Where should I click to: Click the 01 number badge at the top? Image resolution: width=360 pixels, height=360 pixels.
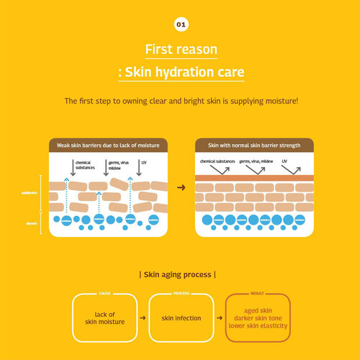point(180,24)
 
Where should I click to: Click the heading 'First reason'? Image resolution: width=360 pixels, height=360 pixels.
point(180,50)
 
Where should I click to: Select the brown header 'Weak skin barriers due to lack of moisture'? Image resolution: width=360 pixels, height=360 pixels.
point(108,145)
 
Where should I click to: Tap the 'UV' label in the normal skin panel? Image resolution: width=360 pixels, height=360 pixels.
point(285,162)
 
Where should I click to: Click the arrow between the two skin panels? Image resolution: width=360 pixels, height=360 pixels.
point(181,187)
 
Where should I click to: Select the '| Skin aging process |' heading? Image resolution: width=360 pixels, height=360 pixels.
point(180,274)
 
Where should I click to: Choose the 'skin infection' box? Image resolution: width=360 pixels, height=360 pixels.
point(181,318)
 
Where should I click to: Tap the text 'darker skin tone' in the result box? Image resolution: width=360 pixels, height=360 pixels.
point(258,318)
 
